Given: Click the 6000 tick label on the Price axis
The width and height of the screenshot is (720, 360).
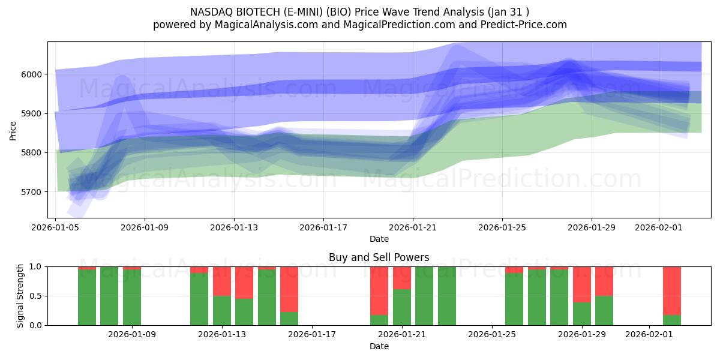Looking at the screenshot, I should pyautogui.click(x=33, y=74).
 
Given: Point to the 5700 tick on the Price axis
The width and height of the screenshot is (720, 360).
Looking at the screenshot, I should pyautogui.click(x=33, y=192).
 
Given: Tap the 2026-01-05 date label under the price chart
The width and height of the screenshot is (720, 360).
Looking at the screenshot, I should pyautogui.click(x=56, y=228).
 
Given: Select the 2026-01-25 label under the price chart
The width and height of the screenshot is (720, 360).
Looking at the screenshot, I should pyautogui.click(x=502, y=228).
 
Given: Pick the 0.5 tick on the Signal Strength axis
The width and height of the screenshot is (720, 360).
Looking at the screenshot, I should pyautogui.click(x=37, y=296).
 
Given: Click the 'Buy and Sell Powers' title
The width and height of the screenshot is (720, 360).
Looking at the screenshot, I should pyautogui.click(x=379, y=257).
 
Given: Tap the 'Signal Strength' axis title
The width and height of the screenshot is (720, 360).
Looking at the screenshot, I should pyautogui.click(x=20, y=295).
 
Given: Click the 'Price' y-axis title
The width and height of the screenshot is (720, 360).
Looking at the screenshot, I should pyautogui.click(x=13, y=130).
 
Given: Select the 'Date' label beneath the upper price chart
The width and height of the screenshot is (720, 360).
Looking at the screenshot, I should pyautogui.click(x=379, y=239).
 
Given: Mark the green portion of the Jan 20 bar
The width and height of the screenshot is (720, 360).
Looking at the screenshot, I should pyautogui.click(x=379, y=320).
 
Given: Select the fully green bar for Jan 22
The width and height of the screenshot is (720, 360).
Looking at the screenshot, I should pyautogui.click(x=447, y=296).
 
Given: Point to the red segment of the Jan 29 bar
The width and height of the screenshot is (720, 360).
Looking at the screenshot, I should pyautogui.click(x=581, y=284).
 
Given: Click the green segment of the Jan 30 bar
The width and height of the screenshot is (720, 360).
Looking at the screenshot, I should pyautogui.click(x=604, y=310).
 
